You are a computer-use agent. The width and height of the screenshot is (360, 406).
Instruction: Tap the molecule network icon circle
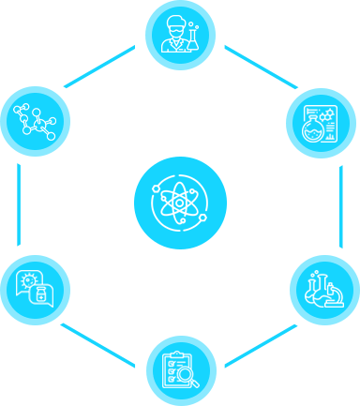coord(36,119)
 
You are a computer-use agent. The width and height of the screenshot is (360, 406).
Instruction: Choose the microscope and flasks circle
coord(324,288)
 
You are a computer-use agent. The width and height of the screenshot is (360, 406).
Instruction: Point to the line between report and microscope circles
coord(339,205)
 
